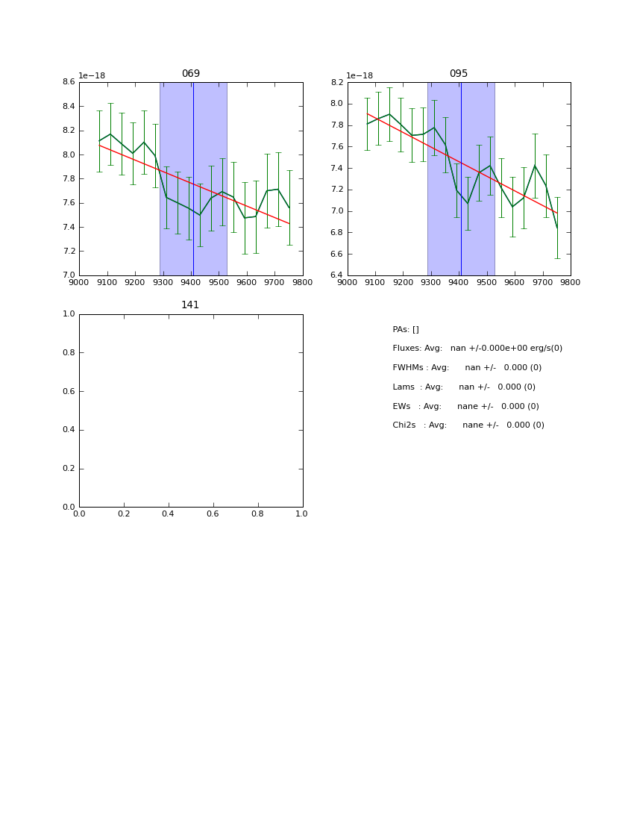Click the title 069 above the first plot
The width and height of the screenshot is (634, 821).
(x=191, y=74)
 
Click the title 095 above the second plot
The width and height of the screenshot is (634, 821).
(x=459, y=74)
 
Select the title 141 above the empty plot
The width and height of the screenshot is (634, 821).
(x=190, y=305)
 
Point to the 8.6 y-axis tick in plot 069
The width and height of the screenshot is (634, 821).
(x=68, y=82)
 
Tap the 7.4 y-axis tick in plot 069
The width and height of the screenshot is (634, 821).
(x=68, y=227)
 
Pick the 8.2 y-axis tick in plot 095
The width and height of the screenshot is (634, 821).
(x=336, y=82)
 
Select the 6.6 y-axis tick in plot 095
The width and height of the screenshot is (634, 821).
(x=336, y=254)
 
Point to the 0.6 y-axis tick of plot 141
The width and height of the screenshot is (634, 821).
(x=68, y=391)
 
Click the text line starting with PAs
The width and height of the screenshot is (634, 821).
(x=406, y=329)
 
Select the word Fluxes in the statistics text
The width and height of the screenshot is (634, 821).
(x=407, y=349)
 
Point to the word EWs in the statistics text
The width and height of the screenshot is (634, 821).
(x=401, y=406)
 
